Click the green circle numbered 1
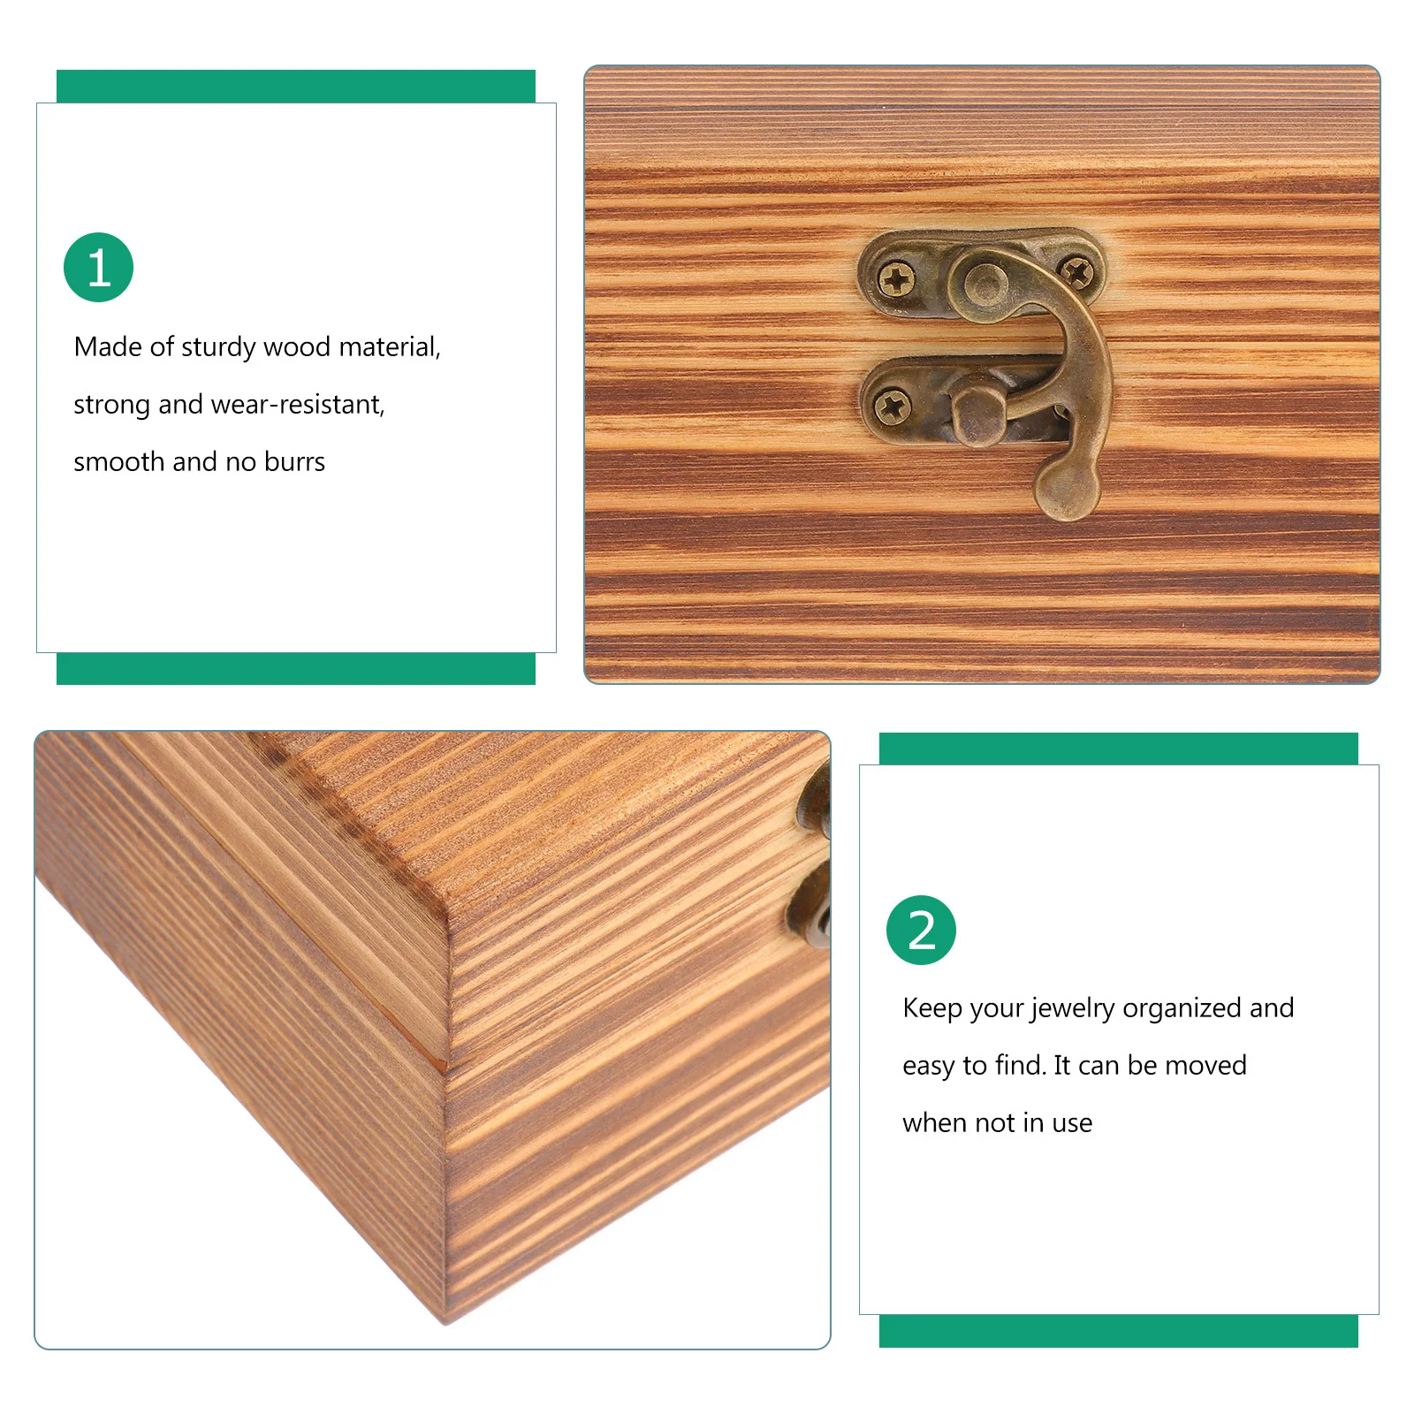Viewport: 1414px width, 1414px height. tap(98, 268)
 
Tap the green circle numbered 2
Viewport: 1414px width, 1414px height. tap(921, 930)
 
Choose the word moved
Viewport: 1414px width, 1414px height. tap(1205, 1066)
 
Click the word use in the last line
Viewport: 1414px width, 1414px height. tap(1072, 1123)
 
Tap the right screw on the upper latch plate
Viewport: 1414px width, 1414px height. tap(1076, 272)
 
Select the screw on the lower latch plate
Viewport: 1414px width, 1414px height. tap(892, 407)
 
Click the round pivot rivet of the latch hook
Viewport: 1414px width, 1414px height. tap(985, 283)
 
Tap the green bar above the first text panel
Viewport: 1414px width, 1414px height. tap(295, 87)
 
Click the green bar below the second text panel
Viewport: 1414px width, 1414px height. tap(1118, 1331)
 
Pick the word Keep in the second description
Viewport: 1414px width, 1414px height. tap(932, 1008)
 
